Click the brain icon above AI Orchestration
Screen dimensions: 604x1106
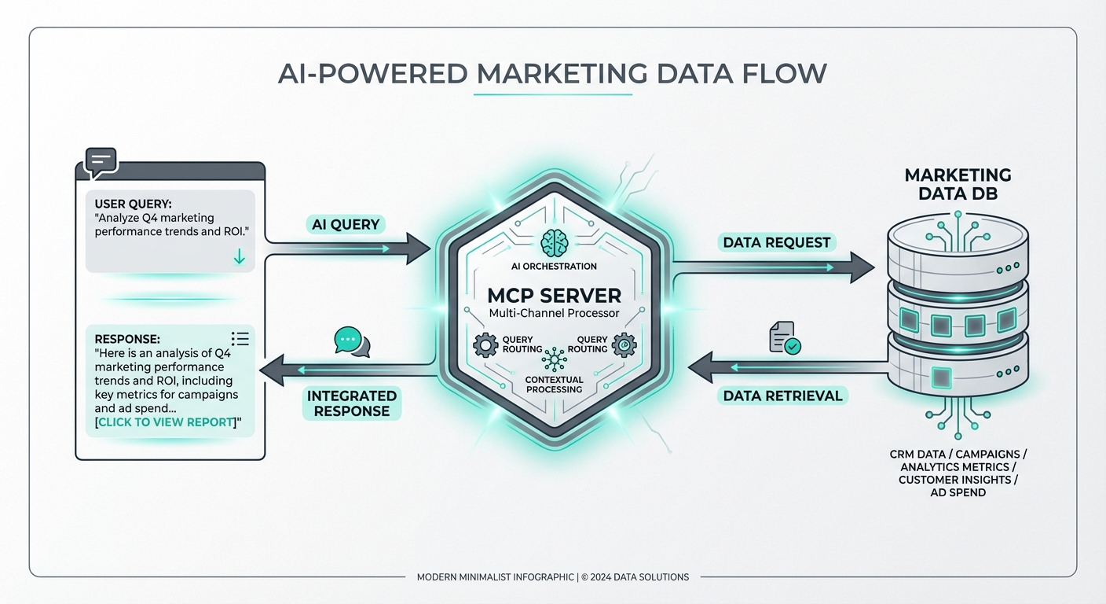point(554,241)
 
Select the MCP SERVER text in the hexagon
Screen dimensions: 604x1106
point(554,295)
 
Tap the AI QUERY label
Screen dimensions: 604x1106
point(346,224)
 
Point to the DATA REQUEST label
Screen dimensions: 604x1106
point(777,242)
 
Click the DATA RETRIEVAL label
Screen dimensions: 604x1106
point(782,396)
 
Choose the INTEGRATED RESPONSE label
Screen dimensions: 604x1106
point(353,403)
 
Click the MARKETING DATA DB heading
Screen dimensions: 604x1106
point(958,183)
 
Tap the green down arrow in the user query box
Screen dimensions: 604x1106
point(240,257)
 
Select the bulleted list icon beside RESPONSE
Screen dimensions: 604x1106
point(240,338)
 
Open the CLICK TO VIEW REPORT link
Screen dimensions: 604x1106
point(167,422)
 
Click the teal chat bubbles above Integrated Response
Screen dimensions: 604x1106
point(351,342)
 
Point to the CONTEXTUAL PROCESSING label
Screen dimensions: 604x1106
point(554,385)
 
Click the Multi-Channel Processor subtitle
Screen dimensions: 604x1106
point(554,314)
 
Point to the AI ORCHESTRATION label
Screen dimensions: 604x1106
point(554,266)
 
